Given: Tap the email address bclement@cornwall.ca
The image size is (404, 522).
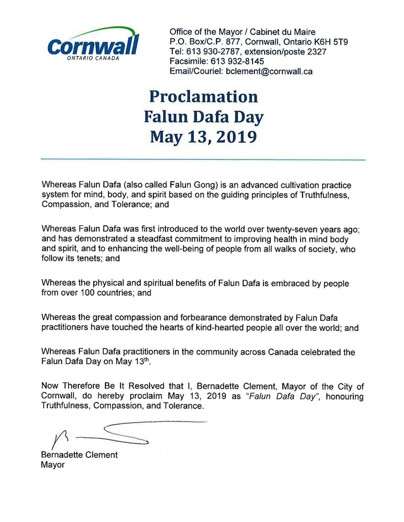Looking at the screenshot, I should [x=269, y=72].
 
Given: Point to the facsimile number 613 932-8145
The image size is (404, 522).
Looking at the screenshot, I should [x=237, y=61].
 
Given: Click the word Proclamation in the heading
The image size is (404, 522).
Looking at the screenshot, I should [x=203, y=97].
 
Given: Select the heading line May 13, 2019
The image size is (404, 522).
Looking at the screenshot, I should [x=203, y=137].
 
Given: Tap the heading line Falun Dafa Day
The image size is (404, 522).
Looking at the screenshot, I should [x=203, y=117].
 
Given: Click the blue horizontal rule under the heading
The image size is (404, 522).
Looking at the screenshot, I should [x=203, y=159].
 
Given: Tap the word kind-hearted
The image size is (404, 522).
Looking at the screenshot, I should [x=233, y=328].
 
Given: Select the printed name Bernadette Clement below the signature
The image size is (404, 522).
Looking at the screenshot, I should [x=79, y=455].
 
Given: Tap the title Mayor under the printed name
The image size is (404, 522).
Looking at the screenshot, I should [x=53, y=465].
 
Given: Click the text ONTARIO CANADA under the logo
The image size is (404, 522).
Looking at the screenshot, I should [x=93, y=58].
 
